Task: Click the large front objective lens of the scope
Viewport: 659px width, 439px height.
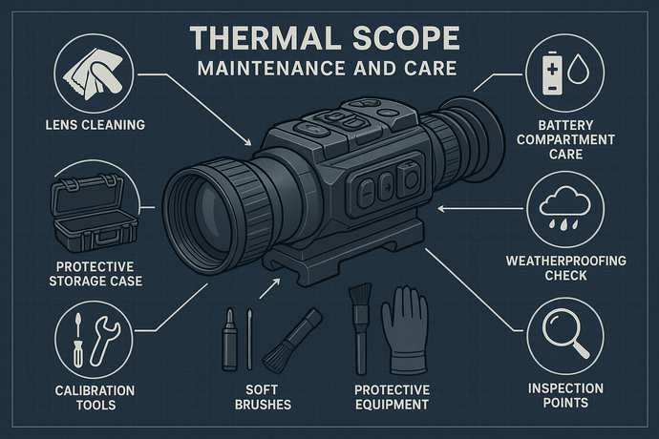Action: pyautogui.click(x=204, y=213)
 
